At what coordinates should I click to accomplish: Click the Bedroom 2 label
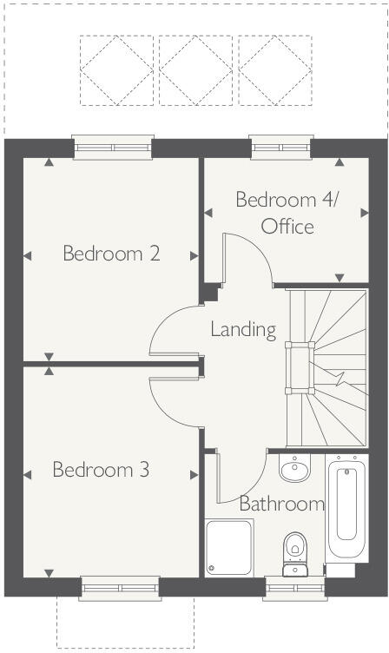111,254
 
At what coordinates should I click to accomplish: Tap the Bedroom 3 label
101,470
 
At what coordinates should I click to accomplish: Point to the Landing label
243,330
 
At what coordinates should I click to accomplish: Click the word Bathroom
281,504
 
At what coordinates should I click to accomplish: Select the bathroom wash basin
295,471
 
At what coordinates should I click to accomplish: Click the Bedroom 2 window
113,146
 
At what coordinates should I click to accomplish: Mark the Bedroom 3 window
121,588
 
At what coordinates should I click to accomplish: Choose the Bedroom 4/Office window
280,146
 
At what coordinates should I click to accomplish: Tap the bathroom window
294,588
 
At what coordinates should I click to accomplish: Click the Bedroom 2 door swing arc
165,328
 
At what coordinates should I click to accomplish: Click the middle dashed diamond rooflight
195,70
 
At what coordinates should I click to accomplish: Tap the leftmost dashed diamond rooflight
117,70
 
